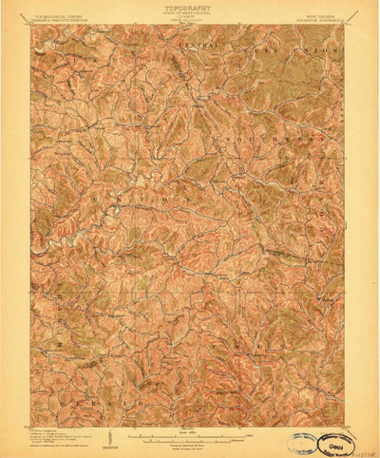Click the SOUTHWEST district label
(x=275, y=139)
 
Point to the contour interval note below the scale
(x=189, y=423)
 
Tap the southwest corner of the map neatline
(x=31, y=402)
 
